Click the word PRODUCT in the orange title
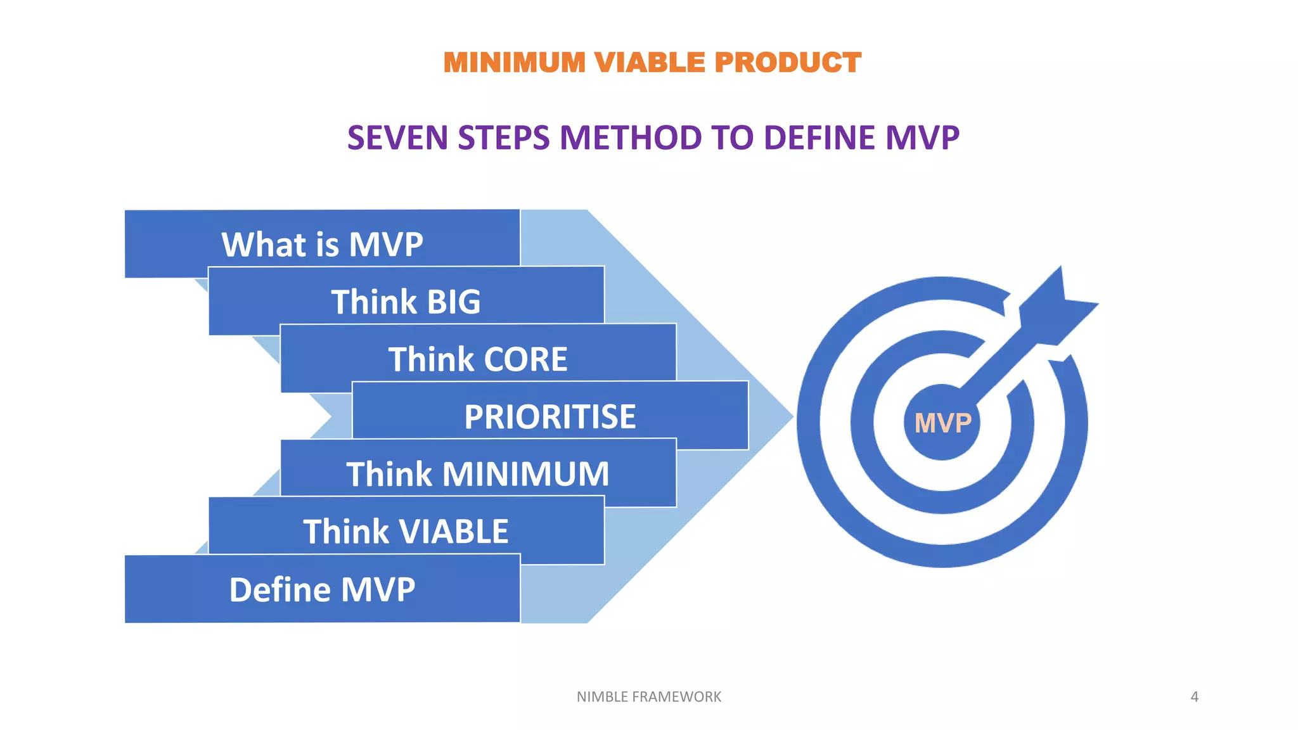click(x=788, y=63)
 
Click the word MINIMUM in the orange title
click(x=514, y=63)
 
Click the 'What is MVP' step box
click(x=322, y=244)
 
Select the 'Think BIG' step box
click(x=406, y=301)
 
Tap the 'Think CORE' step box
click(x=478, y=359)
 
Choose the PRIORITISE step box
click(x=549, y=416)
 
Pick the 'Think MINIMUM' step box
click(x=478, y=473)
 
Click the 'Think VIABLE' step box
click(x=406, y=531)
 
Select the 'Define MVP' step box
click(x=322, y=589)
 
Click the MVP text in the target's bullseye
click(x=942, y=423)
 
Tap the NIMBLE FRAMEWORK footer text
click(x=648, y=696)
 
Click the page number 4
click(x=1194, y=696)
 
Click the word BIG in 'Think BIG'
click(x=454, y=302)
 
